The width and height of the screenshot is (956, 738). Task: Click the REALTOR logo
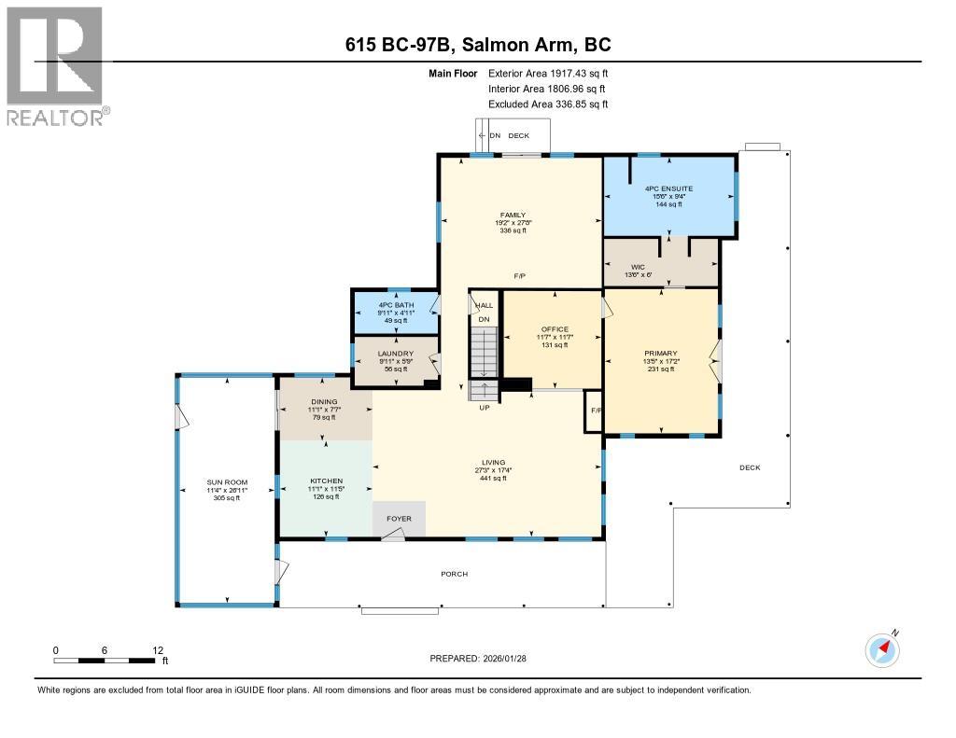click(56, 65)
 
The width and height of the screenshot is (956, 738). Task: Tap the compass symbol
click(882, 649)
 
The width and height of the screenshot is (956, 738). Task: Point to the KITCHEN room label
click(325, 481)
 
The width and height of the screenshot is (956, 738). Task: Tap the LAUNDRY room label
click(395, 353)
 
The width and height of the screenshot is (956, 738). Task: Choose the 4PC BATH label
click(395, 305)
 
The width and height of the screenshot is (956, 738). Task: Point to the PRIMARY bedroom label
click(661, 353)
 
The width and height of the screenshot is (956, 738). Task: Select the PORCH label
click(454, 574)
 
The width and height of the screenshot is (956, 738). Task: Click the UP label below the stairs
click(484, 408)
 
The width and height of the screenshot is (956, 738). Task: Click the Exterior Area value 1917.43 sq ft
click(569, 73)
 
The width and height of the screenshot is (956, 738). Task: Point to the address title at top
click(478, 45)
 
